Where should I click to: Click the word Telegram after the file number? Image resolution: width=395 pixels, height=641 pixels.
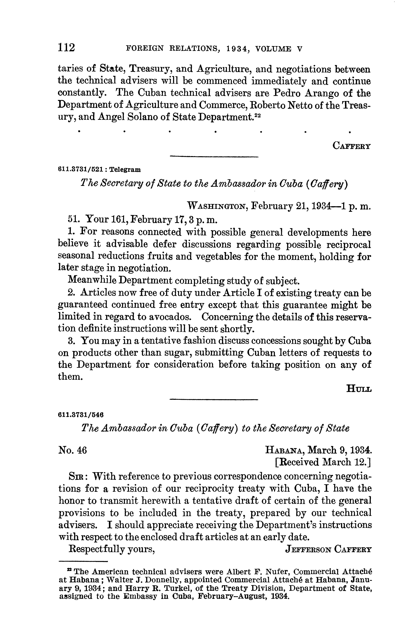[x=125, y=170]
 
